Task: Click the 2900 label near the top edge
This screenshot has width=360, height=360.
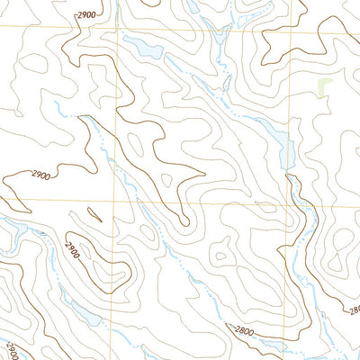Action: (x=86, y=15)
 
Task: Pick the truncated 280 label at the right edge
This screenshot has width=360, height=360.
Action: (x=354, y=310)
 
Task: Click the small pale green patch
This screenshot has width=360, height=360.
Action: (x=324, y=86)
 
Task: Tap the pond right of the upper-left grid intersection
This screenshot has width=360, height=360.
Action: (x=143, y=47)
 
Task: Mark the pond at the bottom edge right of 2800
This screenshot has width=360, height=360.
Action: (x=274, y=347)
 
